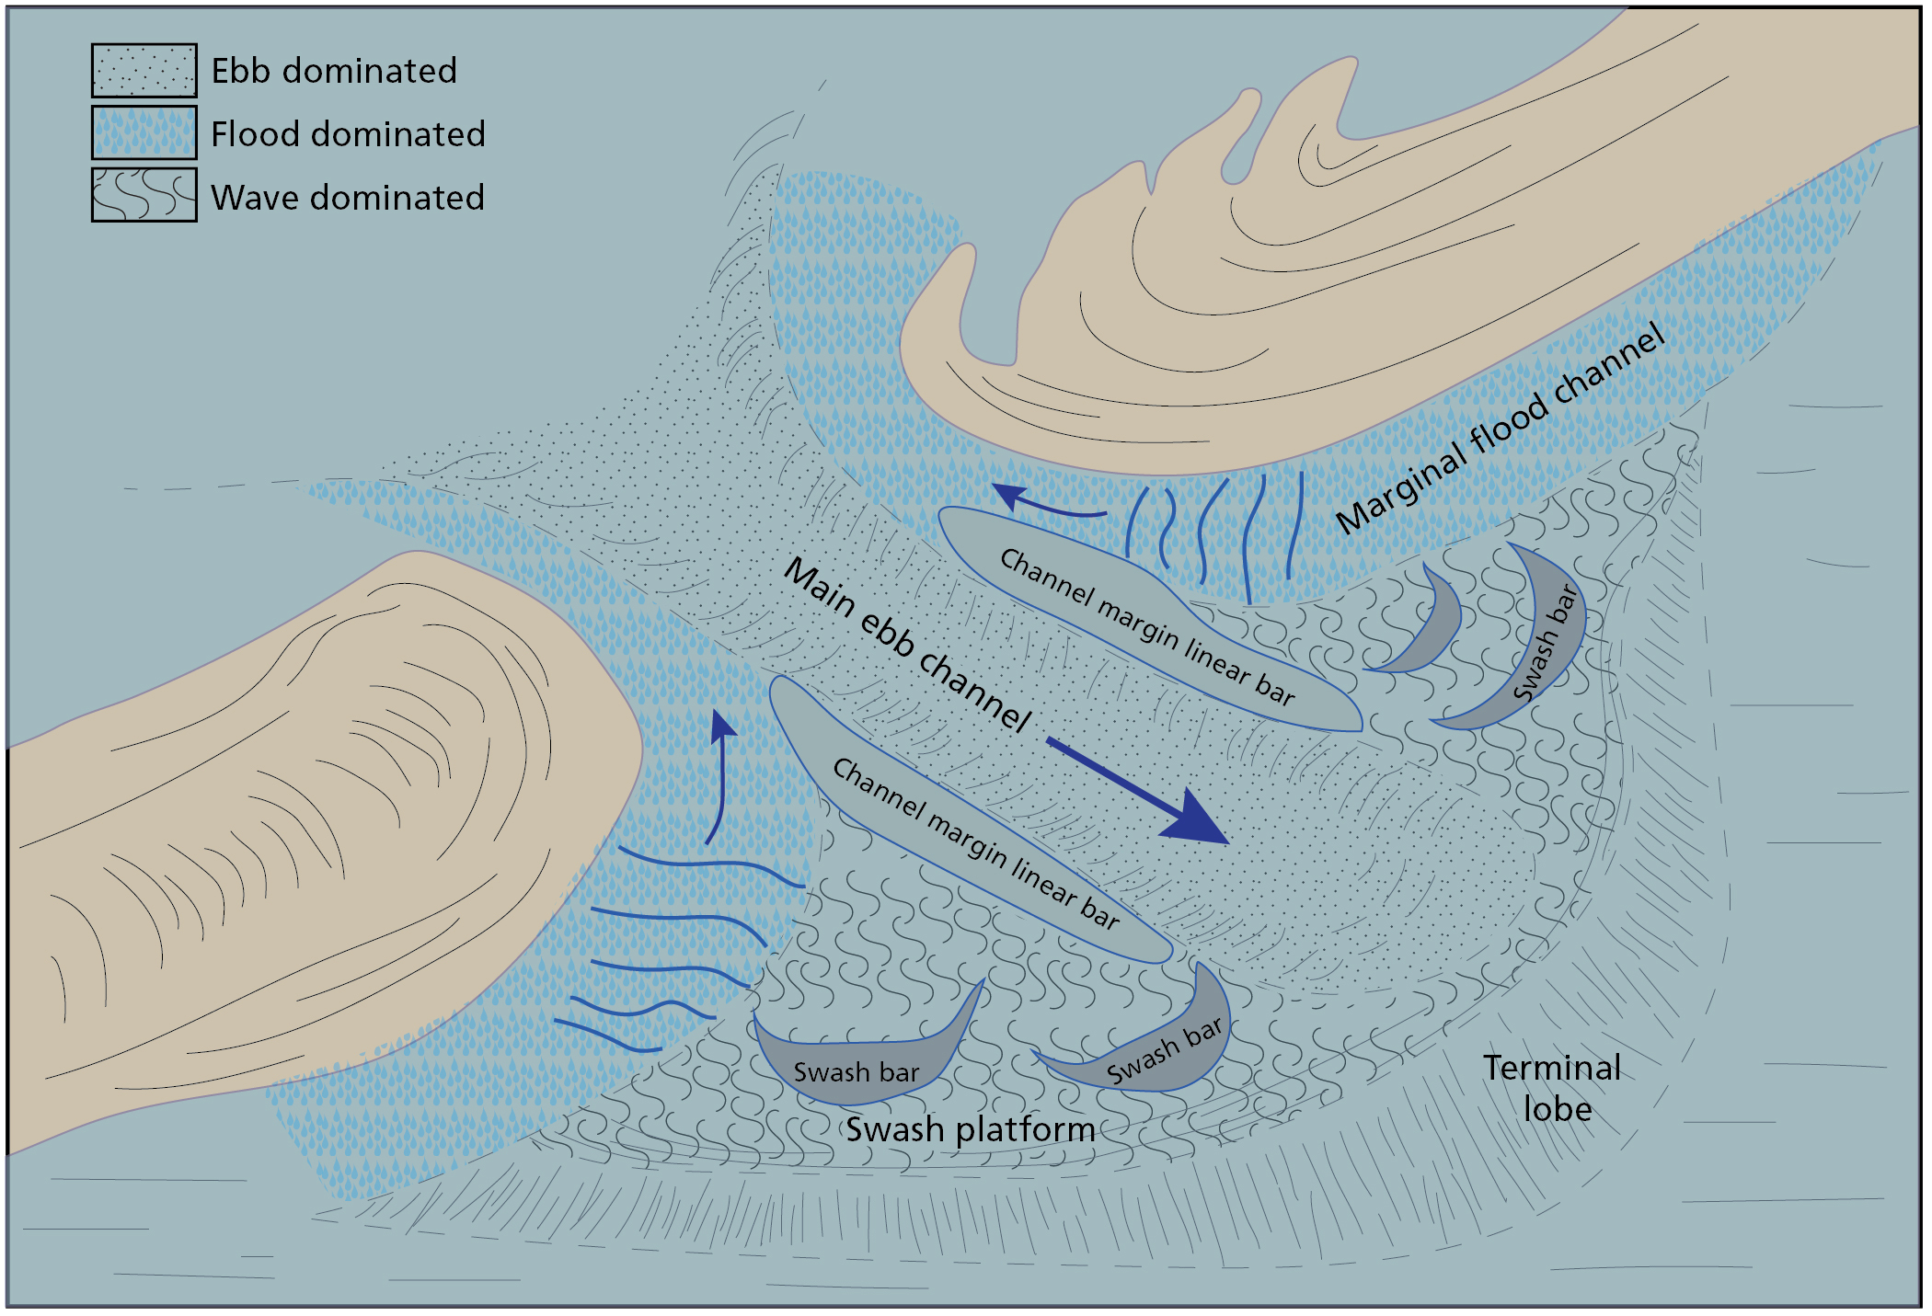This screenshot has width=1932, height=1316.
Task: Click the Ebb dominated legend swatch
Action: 144,70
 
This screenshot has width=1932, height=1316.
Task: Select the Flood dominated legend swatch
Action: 144,132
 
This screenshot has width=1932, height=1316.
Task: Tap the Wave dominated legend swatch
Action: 144,194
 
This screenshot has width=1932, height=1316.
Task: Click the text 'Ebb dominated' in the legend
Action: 334,71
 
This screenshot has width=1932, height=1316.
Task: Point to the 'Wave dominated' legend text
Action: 347,198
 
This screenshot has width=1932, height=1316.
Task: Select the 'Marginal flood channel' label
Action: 1500,428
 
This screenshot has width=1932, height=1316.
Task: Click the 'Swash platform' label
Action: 970,1129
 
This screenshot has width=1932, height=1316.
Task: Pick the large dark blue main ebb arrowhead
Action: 1196,818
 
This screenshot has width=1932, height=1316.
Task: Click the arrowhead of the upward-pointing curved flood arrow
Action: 723,725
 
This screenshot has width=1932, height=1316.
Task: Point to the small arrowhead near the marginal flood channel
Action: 1009,495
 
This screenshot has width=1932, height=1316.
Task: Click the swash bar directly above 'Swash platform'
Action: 860,1062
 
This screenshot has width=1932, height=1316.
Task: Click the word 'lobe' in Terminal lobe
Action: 1558,1109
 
